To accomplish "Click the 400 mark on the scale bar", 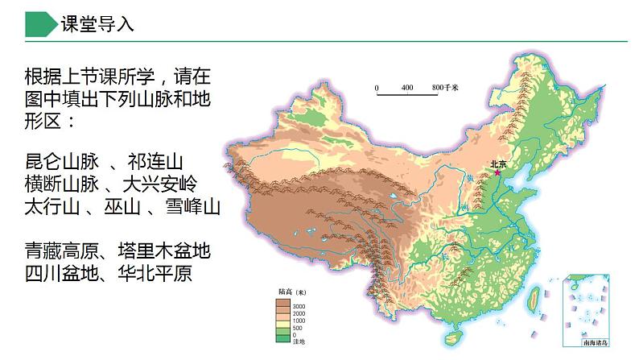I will [x=406, y=87].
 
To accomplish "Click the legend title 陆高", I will [x=283, y=292].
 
